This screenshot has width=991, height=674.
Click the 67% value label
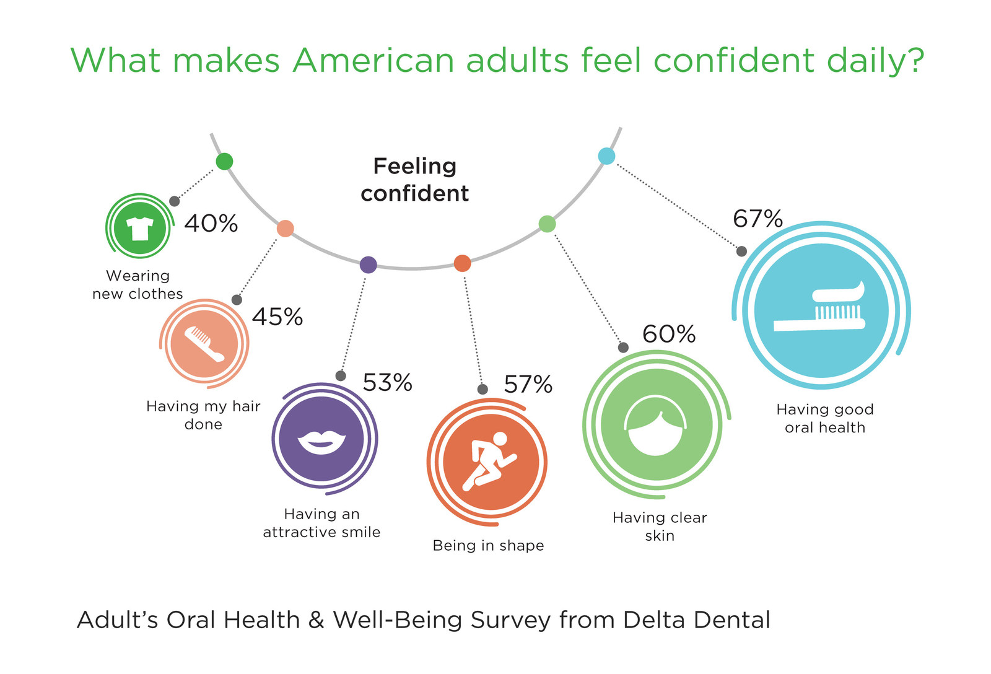coord(757,219)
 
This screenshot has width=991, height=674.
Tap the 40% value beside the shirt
coord(211,224)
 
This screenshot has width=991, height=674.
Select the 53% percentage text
coord(387,383)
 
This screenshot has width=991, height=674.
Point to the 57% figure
coord(528,385)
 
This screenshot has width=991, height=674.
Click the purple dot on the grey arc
coord(368,265)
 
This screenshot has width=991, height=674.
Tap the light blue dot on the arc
coord(606,156)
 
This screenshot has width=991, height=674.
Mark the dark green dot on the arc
coord(224,162)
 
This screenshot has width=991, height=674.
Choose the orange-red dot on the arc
coord(462,263)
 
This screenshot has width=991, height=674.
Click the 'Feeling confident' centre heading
coord(414,180)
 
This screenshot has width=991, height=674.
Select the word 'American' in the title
coord(373,61)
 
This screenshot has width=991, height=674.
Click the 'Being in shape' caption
coord(488,546)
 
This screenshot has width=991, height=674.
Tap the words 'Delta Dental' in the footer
coord(696,620)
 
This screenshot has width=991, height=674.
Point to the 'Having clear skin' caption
coord(660,527)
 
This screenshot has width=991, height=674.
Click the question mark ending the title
coord(914,61)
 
